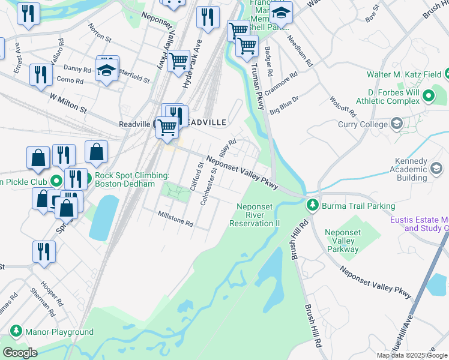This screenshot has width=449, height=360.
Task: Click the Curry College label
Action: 357,124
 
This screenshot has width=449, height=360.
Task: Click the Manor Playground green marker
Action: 15,331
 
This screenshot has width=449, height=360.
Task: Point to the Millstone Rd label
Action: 175,219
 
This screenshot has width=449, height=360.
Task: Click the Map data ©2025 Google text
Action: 412,355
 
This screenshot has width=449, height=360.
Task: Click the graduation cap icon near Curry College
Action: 396,124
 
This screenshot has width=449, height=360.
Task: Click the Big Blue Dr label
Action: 284,104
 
